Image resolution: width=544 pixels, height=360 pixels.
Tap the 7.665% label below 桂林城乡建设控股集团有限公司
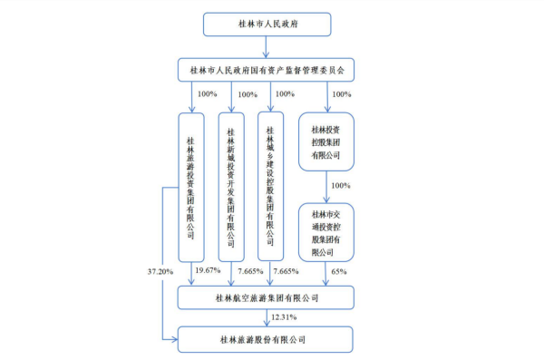286,271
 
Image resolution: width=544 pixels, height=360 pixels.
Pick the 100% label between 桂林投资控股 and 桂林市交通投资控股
341,186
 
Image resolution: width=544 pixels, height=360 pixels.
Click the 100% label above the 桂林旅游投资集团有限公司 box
208,93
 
